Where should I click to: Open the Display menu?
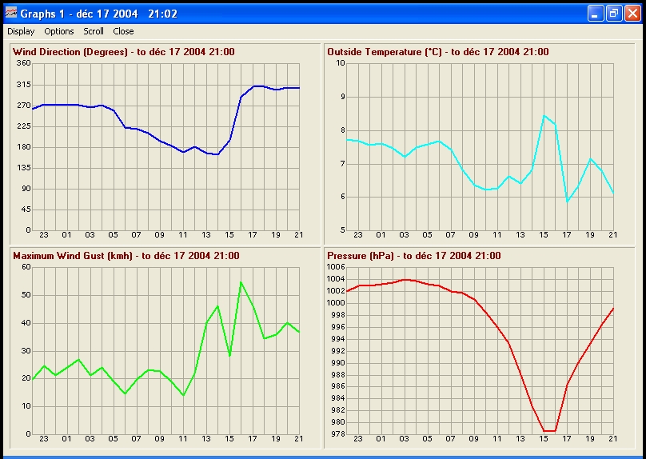click(x=21, y=31)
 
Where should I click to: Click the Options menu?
click(x=59, y=31)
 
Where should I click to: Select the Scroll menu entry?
click(x=94, y=31)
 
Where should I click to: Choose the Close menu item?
click(x=123, y=31)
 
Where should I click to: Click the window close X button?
click(x=632, y=13)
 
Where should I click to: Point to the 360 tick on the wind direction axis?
click(x=23, y=63)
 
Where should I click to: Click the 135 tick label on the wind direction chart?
click(x=23, y=168)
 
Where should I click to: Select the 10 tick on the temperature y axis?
click(x=340, y=63)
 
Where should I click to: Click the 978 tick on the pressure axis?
click(x=337, y=434)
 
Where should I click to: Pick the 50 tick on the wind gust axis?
click(x=26, y=295)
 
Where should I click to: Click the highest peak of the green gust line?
click(x=241, y=282)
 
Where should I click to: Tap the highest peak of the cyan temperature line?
click(x=544, y=116)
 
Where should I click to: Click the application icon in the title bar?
click(x=10, y=13)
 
